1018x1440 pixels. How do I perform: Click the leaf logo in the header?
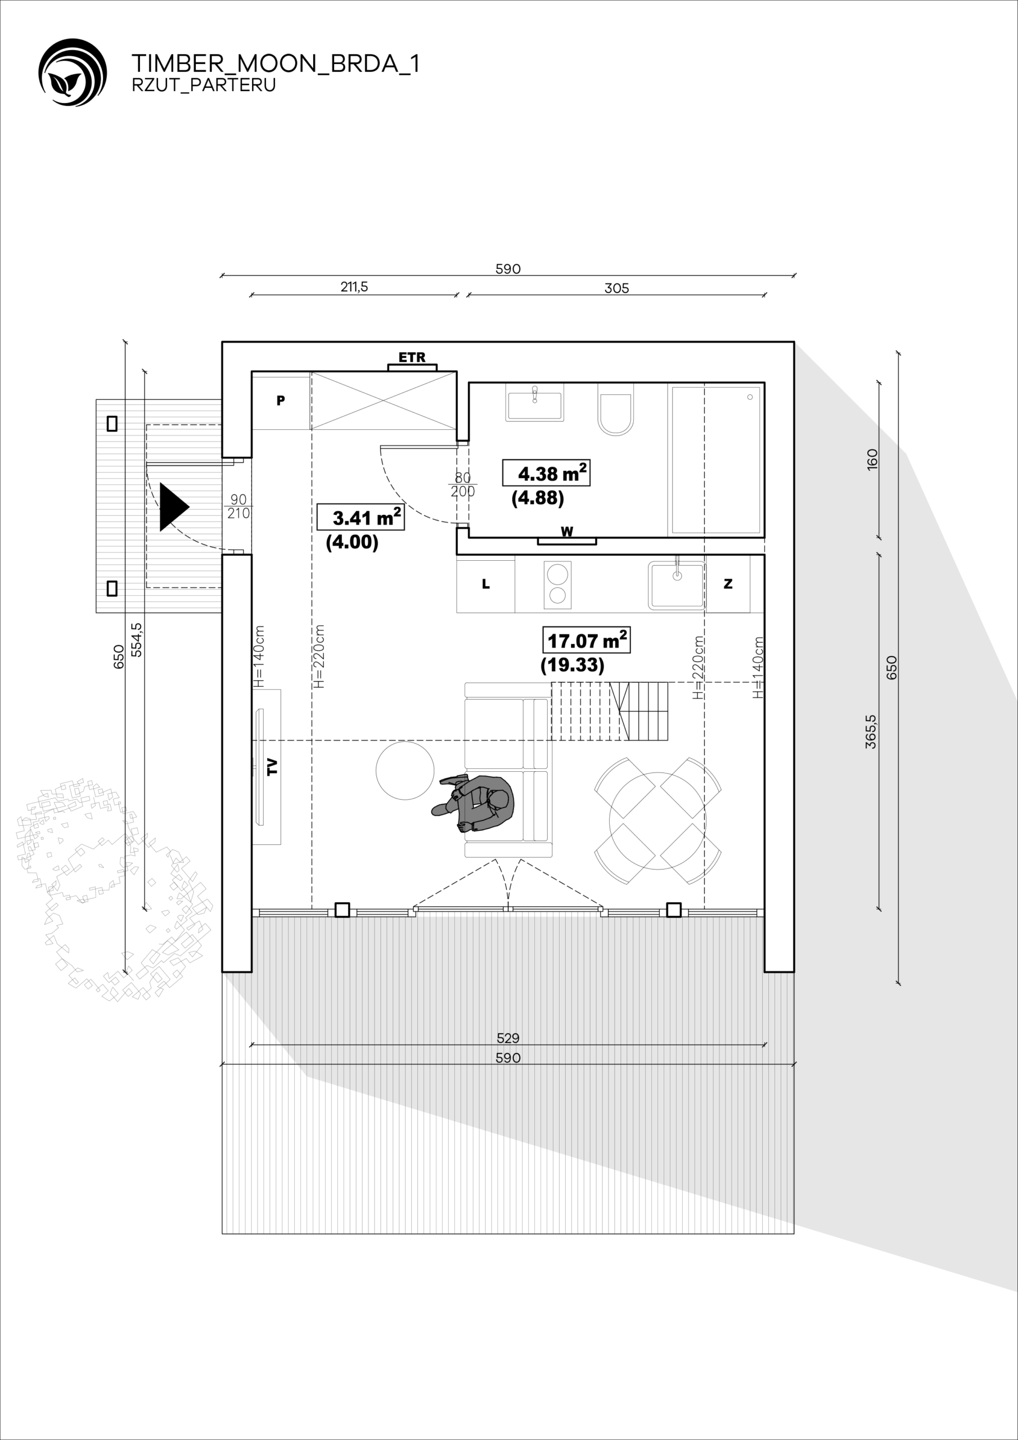click(72, 72)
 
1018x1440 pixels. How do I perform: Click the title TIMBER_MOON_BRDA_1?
click(276, 64)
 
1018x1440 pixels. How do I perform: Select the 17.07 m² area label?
click(587, 640)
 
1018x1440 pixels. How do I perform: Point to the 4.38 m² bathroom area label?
click(546, 473)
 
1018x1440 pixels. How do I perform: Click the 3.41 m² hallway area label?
click(361, 517)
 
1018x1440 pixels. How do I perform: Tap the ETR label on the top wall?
click(412, 358)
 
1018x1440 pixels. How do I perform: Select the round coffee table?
click(404, 771)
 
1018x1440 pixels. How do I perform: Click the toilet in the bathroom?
click(615, 411)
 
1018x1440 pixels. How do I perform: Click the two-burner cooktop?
click(557, 584)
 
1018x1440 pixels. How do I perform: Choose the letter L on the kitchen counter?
click(485, 584)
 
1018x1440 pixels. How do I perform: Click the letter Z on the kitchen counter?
click(728, 584)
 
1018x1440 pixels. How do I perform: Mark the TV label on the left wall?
click(272, 767)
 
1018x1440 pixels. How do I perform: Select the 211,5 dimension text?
click(354, 287)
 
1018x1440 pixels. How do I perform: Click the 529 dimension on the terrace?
click(508, 1038)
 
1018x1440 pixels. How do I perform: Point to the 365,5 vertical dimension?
click(871, 731)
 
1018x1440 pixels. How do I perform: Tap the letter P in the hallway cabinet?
click(281, 400)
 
